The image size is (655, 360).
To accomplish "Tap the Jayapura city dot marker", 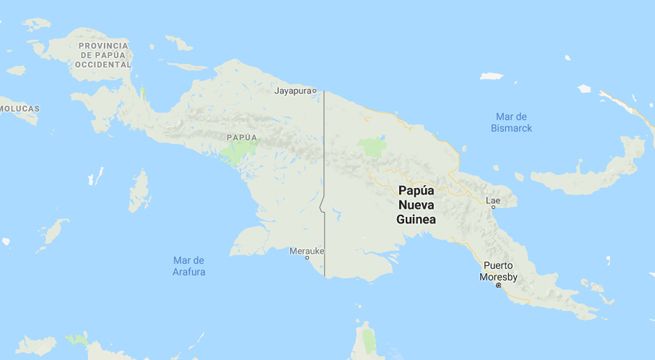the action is click(x=314, y=91).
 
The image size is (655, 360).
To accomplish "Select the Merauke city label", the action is click(x=306, y=250).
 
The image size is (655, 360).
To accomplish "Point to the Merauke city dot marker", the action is click(x=307, y=258).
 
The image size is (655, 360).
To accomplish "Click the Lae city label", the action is click(x=493, y=200).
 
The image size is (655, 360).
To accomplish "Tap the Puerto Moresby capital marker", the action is click(x=498, y=285).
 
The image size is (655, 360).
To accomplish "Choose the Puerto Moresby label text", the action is click(x=498, y=271).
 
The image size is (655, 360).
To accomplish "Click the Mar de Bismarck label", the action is click(x=512, y=122).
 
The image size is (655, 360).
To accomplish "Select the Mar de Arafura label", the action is click(x=182, y=266).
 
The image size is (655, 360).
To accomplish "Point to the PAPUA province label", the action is click(x=241, y=137).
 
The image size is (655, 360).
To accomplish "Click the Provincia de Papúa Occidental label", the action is click(x=104, y=55).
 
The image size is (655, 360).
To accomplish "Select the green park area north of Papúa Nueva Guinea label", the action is click(x=372, y=146).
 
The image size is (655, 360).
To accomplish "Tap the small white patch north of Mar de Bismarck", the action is click(x=490, y=76).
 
